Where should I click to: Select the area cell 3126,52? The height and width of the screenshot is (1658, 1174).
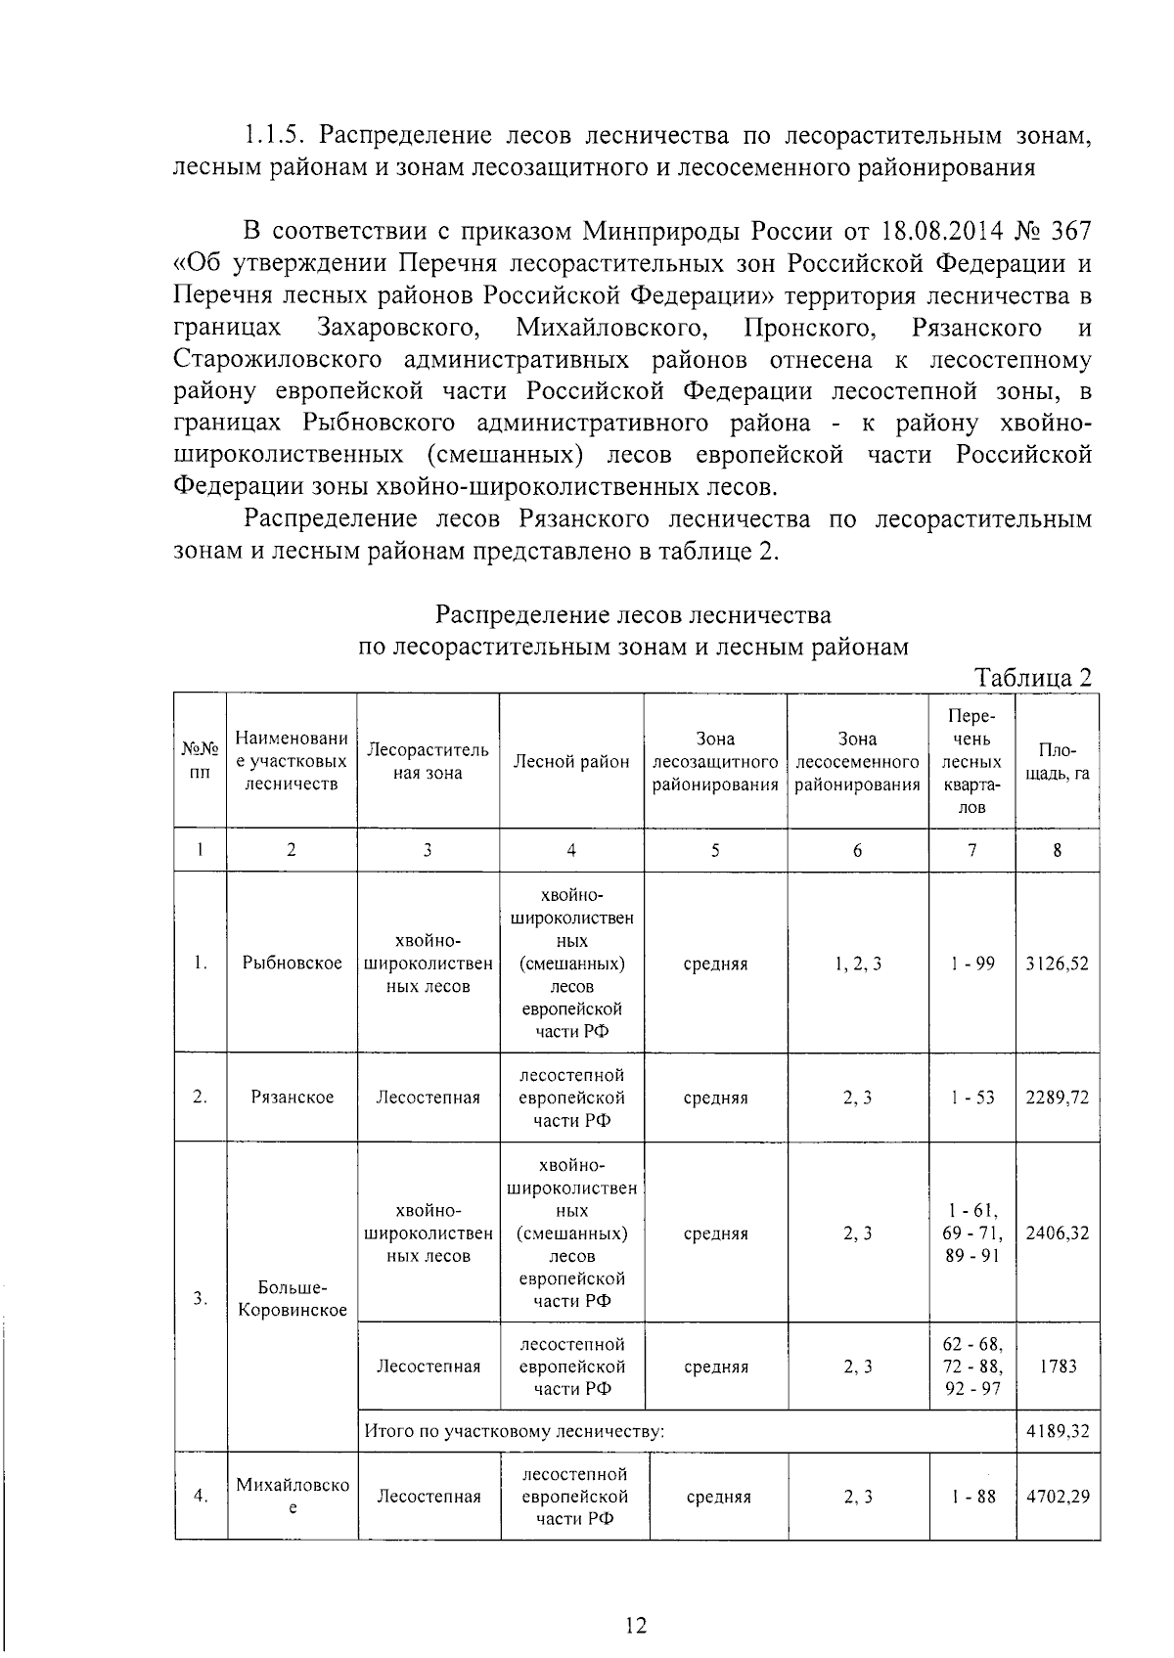(x=1057, y=963)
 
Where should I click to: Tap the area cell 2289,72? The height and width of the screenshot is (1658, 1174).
(x=1057, y=1097)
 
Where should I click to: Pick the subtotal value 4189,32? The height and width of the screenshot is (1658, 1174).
(x=1057, y=1432)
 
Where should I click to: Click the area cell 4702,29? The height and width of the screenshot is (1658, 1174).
(x=1057, y=1496)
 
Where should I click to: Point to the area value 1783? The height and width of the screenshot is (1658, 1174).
(x=1057, y=1367)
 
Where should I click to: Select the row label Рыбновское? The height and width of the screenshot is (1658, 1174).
(x=292, y=963)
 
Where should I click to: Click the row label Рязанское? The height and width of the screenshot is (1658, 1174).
(x=292, y=1097)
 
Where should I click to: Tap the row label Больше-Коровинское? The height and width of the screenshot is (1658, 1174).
(x=292, y=1298)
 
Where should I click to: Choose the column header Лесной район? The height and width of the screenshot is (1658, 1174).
(x=571, y=762)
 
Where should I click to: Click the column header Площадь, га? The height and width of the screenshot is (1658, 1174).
(x=1057, y=762)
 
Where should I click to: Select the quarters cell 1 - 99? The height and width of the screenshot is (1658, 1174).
(x=971, y=963)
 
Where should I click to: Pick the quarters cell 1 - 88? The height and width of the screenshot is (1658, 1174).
(x=971, y=1496)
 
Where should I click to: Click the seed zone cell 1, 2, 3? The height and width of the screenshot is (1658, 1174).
(x=858, y=963)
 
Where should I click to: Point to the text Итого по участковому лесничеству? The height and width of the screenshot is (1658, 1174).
(x=515, y=1432)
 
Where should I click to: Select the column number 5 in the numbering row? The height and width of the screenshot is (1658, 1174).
(x=715, y=850)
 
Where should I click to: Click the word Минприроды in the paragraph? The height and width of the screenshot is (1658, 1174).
(x=660, y=231)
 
